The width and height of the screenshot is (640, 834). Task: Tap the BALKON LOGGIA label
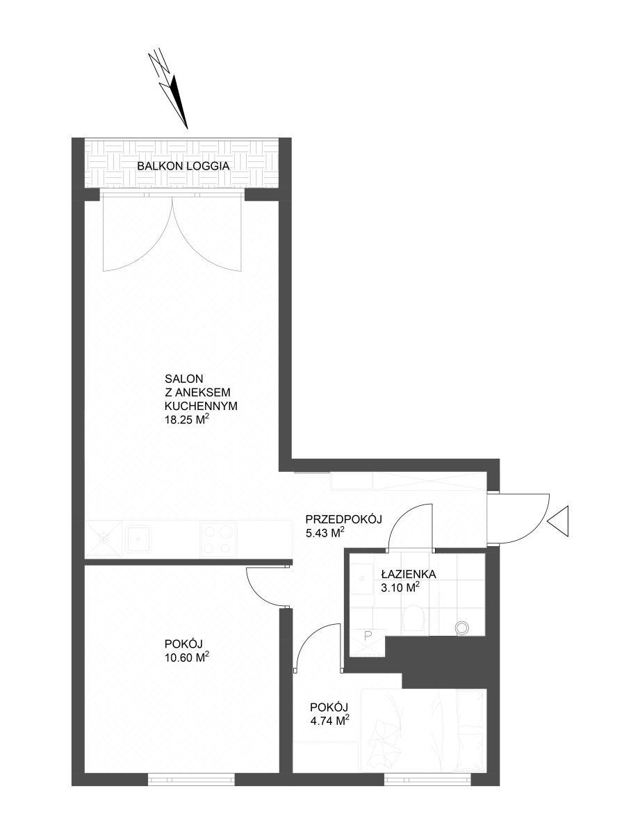click(x=183, y=166)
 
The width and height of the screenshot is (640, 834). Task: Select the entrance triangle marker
click(x=557, y=521)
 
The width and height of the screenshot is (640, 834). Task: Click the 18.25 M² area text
click(x=187, y=420)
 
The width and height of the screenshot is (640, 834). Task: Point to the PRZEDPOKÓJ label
click(x=344, y=520)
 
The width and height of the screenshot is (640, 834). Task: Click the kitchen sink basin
click(x=138, y=539)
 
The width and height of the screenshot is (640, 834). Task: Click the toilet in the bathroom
click(x=413, y=618)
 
